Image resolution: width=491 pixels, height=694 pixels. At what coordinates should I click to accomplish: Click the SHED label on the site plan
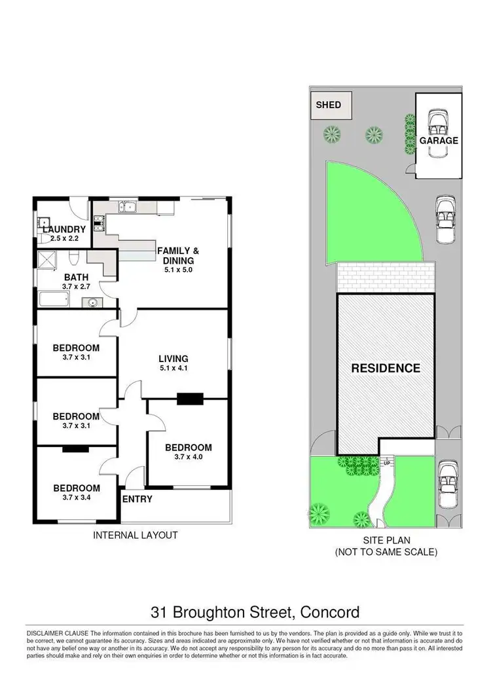point(329,105)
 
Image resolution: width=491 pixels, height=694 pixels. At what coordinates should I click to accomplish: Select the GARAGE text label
point(439,140)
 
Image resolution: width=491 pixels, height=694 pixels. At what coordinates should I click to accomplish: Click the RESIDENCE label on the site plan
point(386,368)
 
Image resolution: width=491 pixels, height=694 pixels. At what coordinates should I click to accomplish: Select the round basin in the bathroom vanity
point(92,302)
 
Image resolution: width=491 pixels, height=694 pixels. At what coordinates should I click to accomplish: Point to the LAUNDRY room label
point(64,229)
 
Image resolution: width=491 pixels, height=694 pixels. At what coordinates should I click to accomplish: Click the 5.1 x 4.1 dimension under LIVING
point(173,369)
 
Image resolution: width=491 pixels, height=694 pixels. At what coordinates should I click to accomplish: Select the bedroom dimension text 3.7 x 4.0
point(188,458)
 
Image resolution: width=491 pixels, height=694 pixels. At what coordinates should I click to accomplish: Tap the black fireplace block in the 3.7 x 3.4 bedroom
point(75,449)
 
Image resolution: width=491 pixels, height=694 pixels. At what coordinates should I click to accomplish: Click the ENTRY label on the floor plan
point(137,499)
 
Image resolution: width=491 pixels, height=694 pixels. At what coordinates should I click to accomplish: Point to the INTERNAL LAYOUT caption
point(136,535)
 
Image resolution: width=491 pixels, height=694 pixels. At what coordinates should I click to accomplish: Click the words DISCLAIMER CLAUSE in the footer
point(57,633)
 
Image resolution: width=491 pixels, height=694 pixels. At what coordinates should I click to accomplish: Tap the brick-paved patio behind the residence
point(386,279)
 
